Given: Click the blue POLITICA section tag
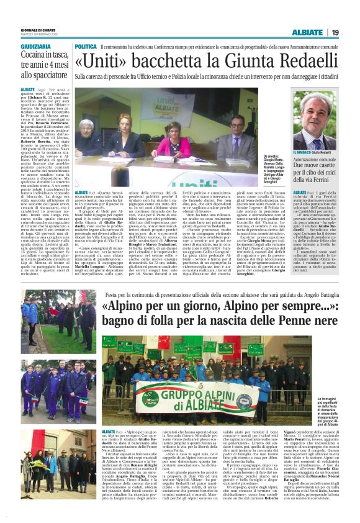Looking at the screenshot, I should (x=85, y=47).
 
